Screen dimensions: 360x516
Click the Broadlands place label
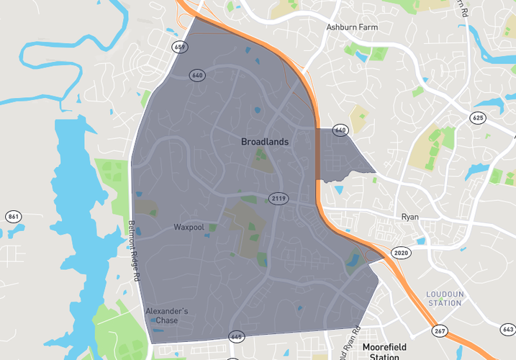[x=264, y=142]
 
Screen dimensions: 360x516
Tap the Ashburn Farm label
[x=351, y=27]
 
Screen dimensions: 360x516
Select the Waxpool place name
[x=189, y=228]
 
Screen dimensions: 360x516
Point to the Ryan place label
[x=409, y=217]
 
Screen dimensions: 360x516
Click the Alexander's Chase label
[x=166, y=315]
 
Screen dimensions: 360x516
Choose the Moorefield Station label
[x=384, y=351]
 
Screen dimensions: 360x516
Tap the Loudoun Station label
[x=444, y=298]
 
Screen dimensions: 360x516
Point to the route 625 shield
[x=478, y=117]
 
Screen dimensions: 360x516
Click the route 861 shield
[x=13, y=217]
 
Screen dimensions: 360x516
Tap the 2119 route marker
[x=279, y=198]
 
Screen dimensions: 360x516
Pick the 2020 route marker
[x=400, y=253]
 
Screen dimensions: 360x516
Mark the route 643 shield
[x=507, y=329]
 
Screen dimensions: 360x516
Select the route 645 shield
[x=236, y=337]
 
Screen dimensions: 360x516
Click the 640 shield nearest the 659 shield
[x=197, y=75]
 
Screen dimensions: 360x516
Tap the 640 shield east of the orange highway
[x=340, y=130]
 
